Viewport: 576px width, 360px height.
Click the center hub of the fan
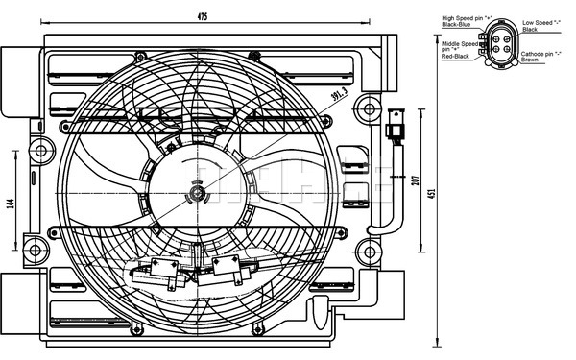pos(197,196)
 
